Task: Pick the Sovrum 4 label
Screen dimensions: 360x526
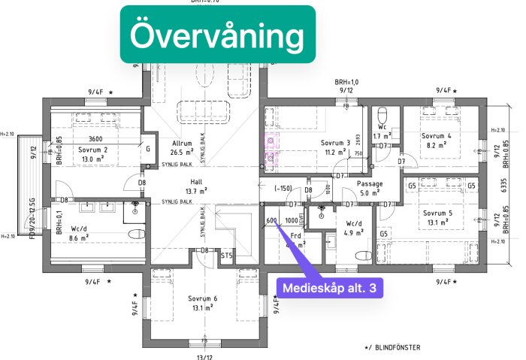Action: pos(439,136)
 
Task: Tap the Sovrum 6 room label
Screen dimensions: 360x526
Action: pos(203,298)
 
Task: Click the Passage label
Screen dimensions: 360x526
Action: pos(370,183)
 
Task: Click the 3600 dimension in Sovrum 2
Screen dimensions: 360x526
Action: pos(95,139)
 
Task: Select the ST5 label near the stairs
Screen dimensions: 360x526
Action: pos(226,256)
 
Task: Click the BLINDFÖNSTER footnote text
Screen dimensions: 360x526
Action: pos(394,347)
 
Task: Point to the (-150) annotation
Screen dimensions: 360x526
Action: pos(283,189)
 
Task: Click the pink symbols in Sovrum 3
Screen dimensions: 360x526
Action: pos(270,149)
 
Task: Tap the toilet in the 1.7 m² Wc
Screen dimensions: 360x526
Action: pos(383,116)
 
